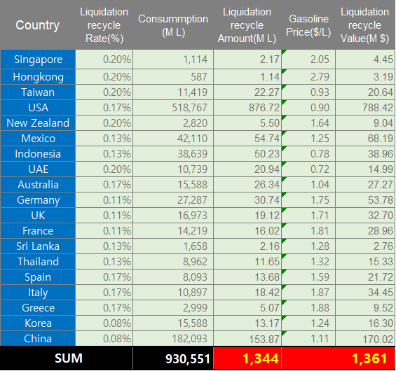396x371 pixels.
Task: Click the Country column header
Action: point(37,25)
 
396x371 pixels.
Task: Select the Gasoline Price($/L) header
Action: point(308,25)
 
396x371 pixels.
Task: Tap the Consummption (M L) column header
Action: point(173,25)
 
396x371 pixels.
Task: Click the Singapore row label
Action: point(38,59)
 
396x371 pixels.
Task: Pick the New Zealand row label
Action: point(38,123)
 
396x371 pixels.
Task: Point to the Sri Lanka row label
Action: point(38,246)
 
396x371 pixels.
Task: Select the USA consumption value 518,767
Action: point(190,108)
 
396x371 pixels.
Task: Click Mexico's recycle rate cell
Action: point(117,139)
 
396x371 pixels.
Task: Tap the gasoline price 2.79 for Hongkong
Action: point(320,77)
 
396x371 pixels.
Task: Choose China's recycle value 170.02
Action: point(378,339)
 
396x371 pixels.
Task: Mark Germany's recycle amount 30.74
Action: point(267,200)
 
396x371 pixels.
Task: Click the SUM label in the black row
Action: point(69,358)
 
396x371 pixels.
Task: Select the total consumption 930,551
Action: point(188,359)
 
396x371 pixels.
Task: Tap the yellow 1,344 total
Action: point(261,359)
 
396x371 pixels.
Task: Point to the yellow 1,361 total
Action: point(369,359)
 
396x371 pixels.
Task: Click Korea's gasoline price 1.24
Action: point(320,323)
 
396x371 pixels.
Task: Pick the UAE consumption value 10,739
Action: point(193,169)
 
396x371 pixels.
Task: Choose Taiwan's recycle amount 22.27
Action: point(267,92)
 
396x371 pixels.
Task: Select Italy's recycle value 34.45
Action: point(381,293)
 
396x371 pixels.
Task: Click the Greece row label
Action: point(38,308)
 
